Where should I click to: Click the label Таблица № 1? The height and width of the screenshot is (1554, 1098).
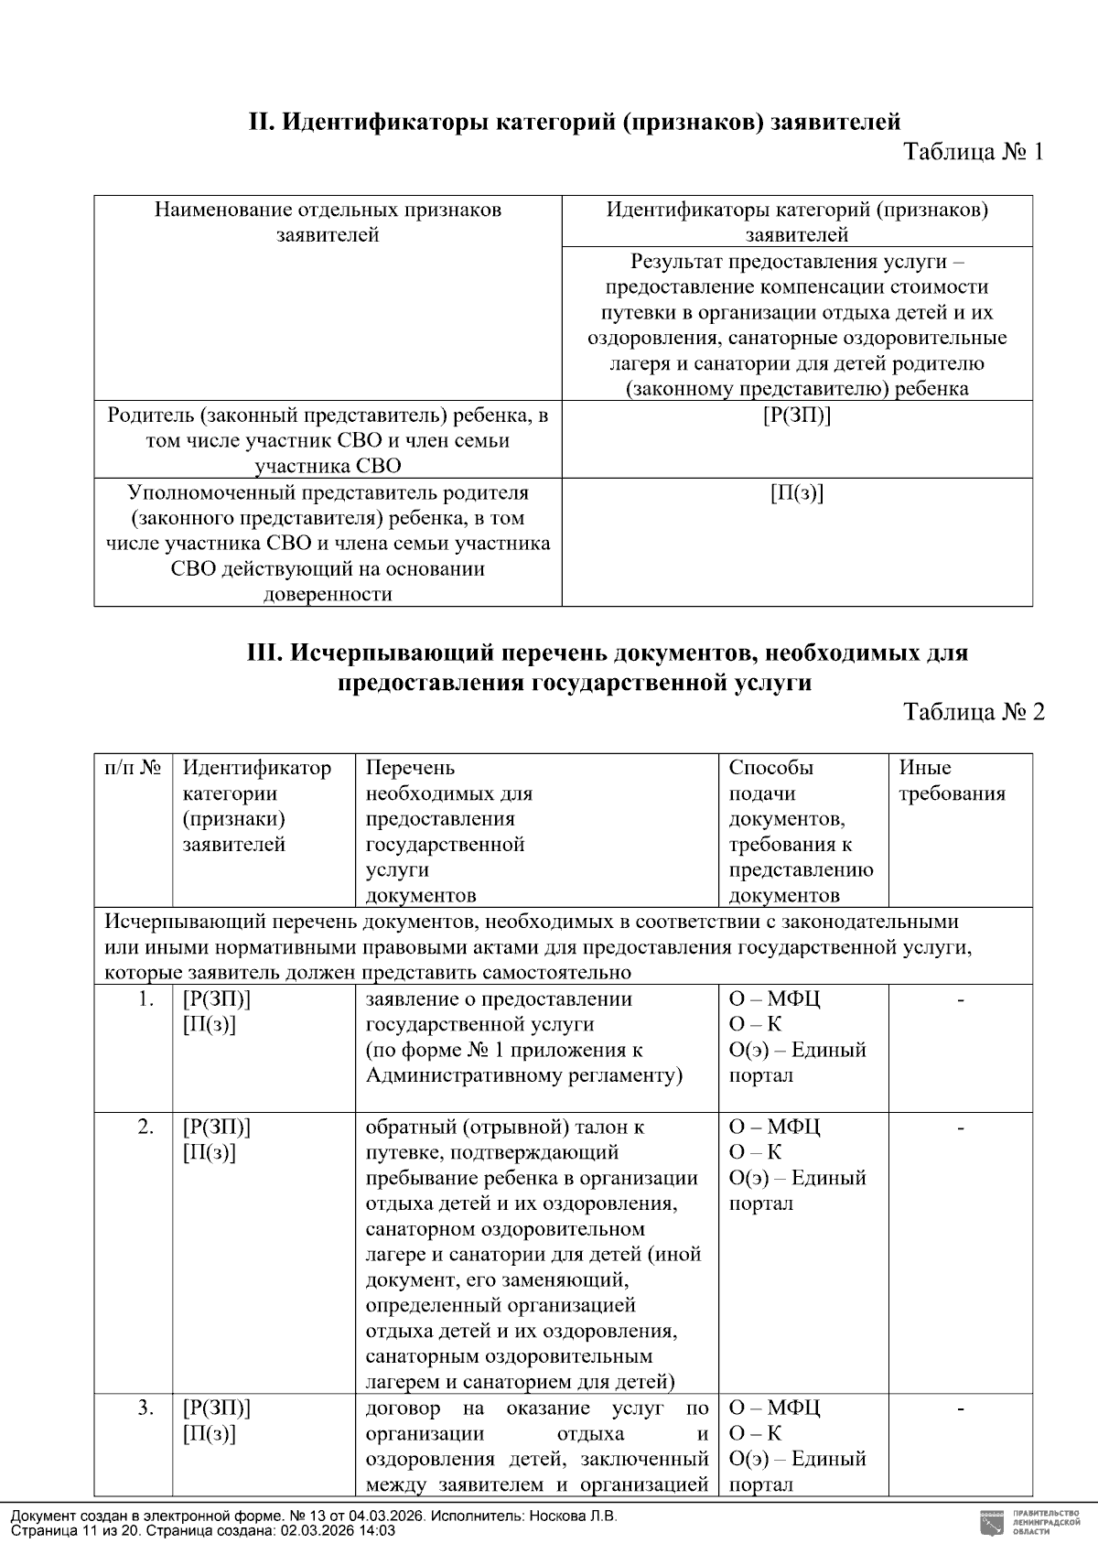click(x=973, y=152)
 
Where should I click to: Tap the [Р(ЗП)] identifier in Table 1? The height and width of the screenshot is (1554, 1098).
click(x=796, y=415)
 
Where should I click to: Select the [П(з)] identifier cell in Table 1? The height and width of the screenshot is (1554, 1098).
click(x=796, y=493)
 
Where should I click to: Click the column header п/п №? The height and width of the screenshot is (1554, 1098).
click(x=133, y=768)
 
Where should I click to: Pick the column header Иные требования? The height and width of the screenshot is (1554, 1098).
click(x=951, y=781)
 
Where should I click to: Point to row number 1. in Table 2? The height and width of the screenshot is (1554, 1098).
click(x=145, y=999)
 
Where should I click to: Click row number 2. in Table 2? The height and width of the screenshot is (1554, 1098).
click(x=145, y=1127)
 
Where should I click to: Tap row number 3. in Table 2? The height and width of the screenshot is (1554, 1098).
click(x=145, y=1408)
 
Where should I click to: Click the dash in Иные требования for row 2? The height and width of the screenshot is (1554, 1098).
click(x=960, y=1128)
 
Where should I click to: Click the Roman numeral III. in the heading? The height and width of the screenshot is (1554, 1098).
click(x=265, y=653)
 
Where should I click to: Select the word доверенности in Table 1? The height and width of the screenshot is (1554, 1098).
click(x=328, y=595)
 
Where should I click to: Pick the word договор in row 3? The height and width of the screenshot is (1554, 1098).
click(x=403, y=1408)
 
